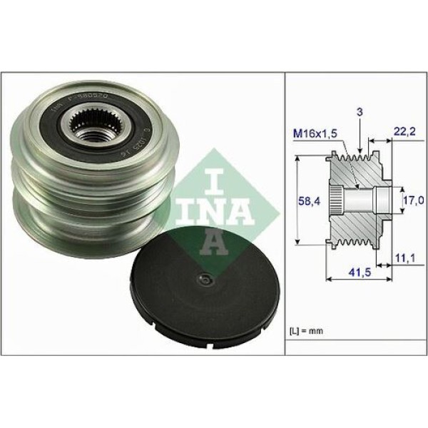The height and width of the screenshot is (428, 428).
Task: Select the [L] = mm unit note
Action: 307,331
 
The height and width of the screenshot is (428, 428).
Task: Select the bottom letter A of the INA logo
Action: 213,243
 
